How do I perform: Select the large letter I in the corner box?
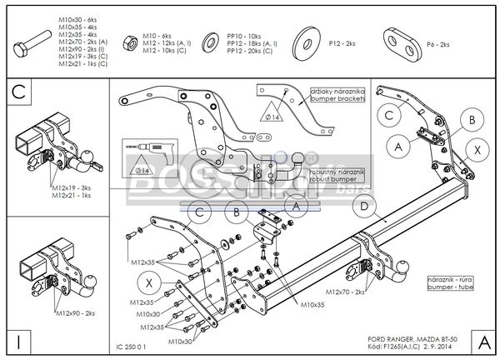[x=18, y=341]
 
